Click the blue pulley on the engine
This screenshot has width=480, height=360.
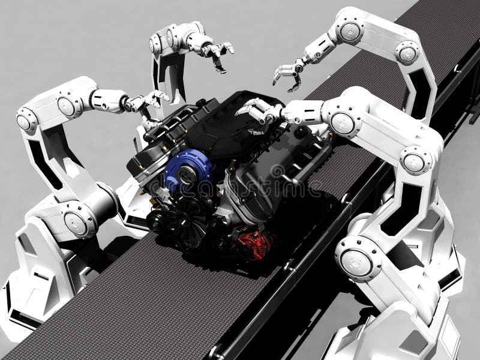click(180, 170)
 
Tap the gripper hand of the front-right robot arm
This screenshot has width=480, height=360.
click(258, 112)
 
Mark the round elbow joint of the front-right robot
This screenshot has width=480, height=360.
click(414, 162)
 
